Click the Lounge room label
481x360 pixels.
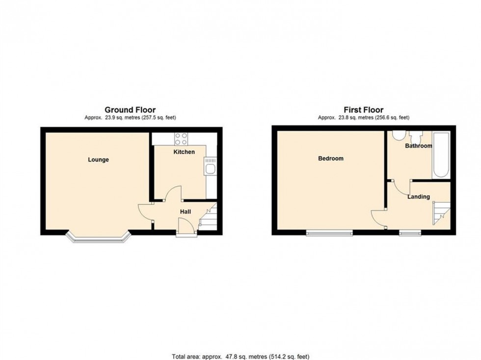98,159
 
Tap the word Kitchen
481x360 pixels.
184,152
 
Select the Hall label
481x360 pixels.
185,211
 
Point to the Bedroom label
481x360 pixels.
331,158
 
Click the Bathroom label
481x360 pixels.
418,146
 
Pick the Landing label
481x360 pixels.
418,197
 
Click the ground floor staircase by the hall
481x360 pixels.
209,217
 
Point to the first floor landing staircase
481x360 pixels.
440,213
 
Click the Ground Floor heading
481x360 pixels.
130,110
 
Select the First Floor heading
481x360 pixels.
364,110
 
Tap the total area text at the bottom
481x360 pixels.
240,356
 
